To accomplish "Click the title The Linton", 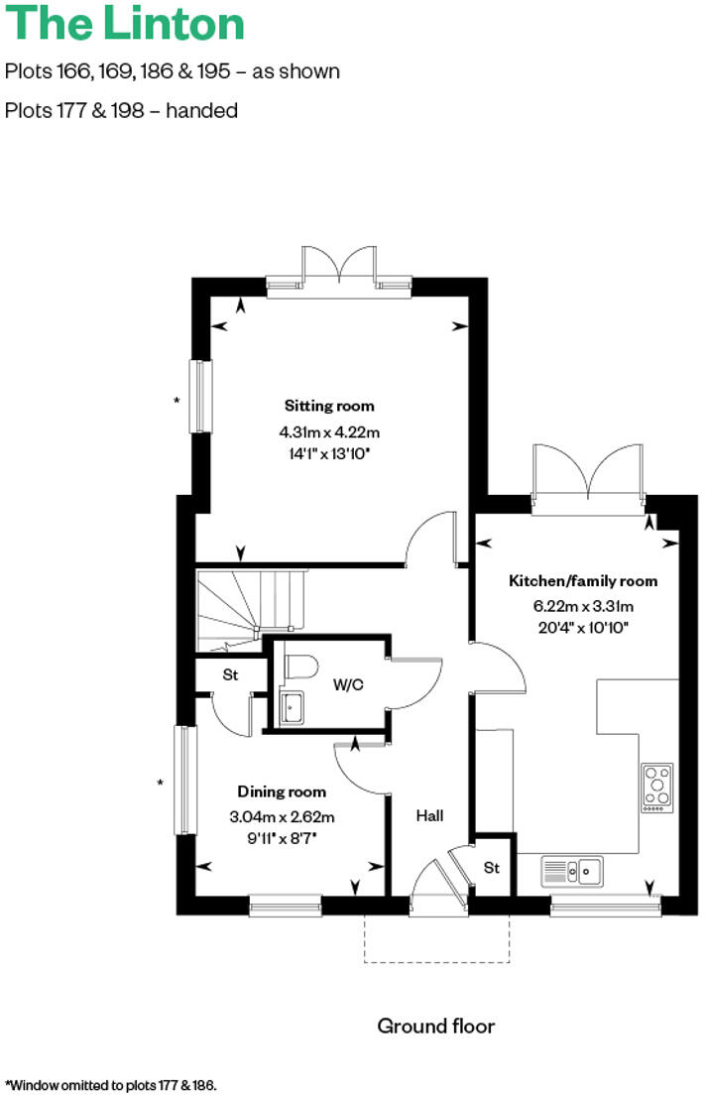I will point(126,25).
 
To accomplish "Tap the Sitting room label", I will point(329,406).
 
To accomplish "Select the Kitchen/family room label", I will point(583,581).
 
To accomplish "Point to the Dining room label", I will point(282,792).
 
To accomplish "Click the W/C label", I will point(346,684).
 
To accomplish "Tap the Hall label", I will point(429,816).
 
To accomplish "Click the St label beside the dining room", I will point(230,675).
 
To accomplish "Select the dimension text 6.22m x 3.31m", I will point(583,606).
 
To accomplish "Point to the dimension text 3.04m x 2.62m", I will point(282,817).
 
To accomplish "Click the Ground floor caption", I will point(435,1026).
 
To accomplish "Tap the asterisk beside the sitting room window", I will point(176,401).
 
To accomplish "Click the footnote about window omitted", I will point(110,1085).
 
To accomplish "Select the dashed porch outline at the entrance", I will point(437,960).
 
